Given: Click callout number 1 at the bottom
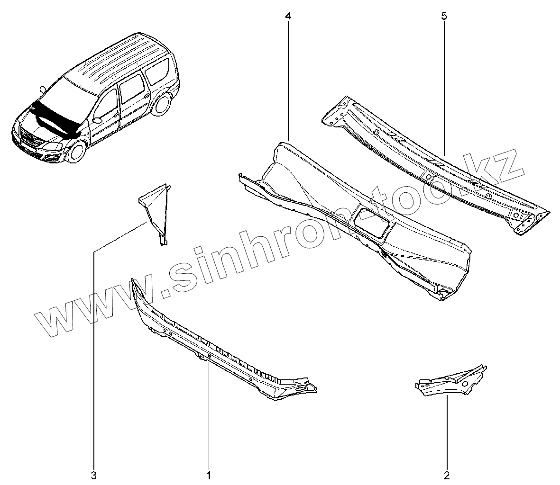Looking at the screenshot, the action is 209,474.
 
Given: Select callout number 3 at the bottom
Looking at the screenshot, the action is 93,474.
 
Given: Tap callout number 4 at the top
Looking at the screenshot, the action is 288,16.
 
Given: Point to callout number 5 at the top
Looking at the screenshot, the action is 444,16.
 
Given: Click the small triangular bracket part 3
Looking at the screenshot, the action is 154,208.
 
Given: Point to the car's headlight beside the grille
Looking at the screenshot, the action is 54,155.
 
